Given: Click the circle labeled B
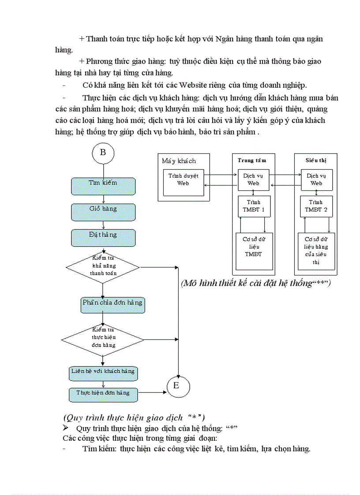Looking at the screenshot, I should click(103, 153).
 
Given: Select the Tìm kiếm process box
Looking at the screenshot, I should click(103, 186).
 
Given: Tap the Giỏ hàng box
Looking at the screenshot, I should click(103, 212).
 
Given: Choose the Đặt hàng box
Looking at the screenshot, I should click(103, 238).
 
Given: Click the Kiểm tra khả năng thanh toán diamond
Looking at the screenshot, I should click(103, 267).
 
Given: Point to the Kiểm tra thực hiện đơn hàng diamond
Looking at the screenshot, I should click(103, 339).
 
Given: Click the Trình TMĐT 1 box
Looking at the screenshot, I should click(253, 206).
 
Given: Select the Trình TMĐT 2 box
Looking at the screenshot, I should click(316, 206).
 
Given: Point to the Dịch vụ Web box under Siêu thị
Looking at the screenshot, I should click(316, 179).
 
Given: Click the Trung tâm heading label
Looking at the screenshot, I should click(252, 160).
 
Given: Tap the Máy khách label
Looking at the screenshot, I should click(179, 161).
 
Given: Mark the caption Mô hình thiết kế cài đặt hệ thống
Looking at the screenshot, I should click(255, 283).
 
